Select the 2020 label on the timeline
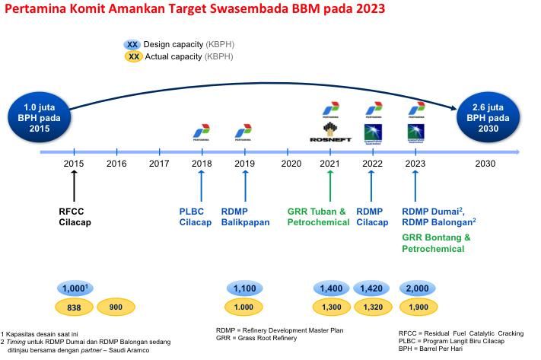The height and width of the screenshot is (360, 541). pos(291,164)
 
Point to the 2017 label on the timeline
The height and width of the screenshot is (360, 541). pos(159,164)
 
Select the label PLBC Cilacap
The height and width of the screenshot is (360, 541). pos(196,217)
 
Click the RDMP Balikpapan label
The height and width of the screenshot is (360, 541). pos(246,217)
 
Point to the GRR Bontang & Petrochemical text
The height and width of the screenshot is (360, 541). pos(436,243)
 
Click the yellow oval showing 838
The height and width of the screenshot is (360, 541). pos(75,307)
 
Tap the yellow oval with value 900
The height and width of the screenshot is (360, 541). pos(116,307)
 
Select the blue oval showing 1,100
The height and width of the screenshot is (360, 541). pos(245,288)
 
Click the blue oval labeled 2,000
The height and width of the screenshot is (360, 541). pos(417,288)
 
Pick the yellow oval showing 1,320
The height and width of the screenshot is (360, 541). pos(372,307)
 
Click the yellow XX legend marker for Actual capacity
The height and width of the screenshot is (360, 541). pos(133,56)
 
